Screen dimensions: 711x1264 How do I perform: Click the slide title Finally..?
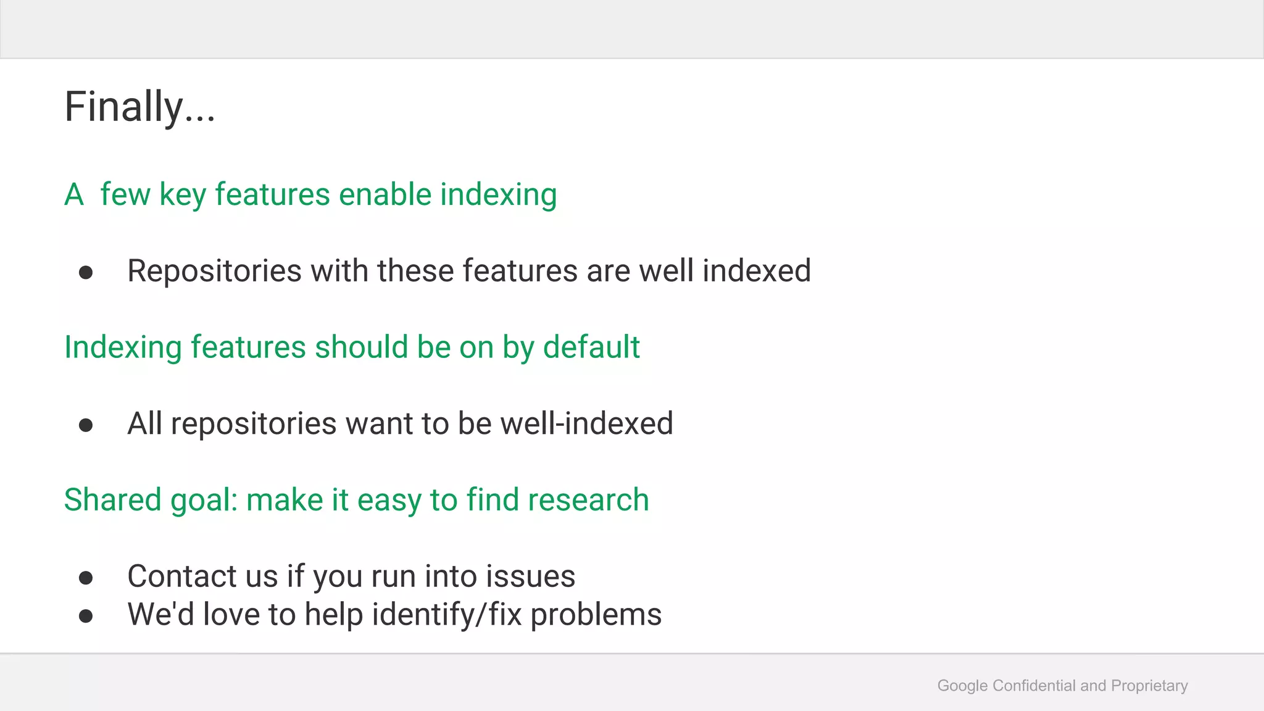(139, 107)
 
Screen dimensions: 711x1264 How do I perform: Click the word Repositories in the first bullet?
(214, 271)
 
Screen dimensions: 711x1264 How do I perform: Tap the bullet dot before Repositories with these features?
(86, 272)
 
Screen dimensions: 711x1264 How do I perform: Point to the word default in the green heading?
(591, 347)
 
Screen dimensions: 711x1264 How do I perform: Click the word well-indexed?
(586, 423)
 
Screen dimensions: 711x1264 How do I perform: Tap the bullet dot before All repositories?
(86, 425)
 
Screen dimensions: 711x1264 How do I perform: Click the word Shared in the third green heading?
(112, 499)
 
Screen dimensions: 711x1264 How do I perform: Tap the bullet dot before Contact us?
(86, 578)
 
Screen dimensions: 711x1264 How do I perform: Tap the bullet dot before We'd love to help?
(86, 616)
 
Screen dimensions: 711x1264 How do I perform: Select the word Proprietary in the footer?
(1149, 686)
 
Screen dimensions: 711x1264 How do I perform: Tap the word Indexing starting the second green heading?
(123, 348)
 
